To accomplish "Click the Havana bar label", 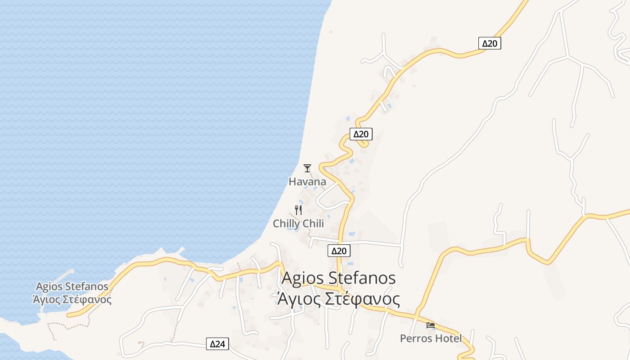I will coord(307,182).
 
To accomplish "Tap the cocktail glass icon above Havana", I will coord(307,168).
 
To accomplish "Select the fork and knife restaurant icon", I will coord(298,210).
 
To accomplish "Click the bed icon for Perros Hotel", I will coord(431,325).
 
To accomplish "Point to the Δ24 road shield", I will coord(217,344).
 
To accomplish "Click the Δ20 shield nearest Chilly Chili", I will coord(338,251).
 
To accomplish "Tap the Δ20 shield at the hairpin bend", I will coord(361,134).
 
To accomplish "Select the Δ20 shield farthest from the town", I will coord(490,43).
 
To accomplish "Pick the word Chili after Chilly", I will coord(313,224).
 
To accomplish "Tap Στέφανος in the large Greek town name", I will coord(362,299).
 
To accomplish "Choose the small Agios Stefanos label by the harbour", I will coord(72,287).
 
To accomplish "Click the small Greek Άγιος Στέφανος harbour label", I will coord(72,299).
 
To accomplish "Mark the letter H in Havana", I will coord(292,182).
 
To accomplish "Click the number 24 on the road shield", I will coord(220,344).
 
